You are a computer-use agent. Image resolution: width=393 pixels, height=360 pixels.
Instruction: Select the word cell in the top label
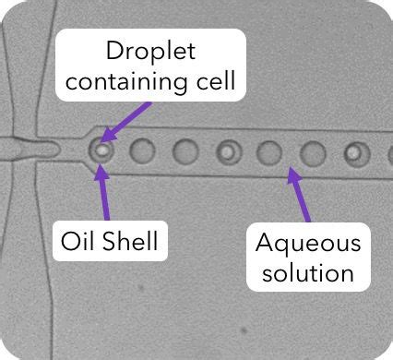[215, 81]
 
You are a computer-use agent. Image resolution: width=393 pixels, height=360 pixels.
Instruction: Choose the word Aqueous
[308, 244]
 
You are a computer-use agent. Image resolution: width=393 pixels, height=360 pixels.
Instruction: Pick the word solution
[308, 272]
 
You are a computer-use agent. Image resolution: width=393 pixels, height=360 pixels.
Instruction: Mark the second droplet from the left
[143, 150]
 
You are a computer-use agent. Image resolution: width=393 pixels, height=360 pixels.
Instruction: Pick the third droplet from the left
[185, 150]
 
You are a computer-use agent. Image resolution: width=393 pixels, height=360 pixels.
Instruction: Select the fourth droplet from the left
[228, 150]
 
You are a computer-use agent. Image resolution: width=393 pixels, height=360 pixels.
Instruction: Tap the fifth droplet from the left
[269, 150]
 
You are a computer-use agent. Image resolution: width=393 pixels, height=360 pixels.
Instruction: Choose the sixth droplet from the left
[312, 151]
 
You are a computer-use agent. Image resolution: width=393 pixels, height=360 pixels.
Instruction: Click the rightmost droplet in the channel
[355, 152]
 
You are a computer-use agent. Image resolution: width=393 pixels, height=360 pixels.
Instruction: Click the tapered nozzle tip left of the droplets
[42, 147]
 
